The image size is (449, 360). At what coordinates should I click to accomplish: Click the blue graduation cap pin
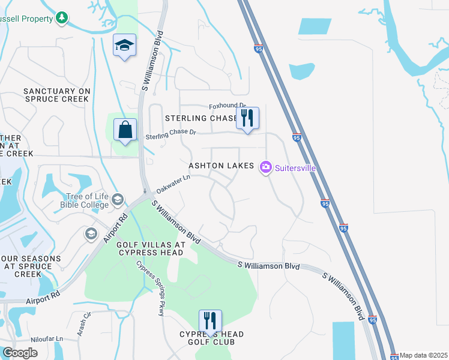pos(125,46)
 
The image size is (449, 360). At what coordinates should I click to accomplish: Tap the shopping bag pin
pos(125,130)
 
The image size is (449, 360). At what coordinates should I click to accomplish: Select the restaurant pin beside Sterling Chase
pos(247,118)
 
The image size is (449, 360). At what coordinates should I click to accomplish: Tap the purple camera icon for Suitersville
pos(265,167)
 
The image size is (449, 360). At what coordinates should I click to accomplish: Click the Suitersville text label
pos(295,168)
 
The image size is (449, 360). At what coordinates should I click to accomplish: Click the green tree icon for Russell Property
pos(62,19)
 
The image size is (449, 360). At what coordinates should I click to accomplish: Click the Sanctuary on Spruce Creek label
pos(56,95)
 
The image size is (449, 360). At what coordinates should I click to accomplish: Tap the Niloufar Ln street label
pos(47,338)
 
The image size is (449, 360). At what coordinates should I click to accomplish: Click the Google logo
pos(20,353)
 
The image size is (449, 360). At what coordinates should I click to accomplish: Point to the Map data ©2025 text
pos(424,355)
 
